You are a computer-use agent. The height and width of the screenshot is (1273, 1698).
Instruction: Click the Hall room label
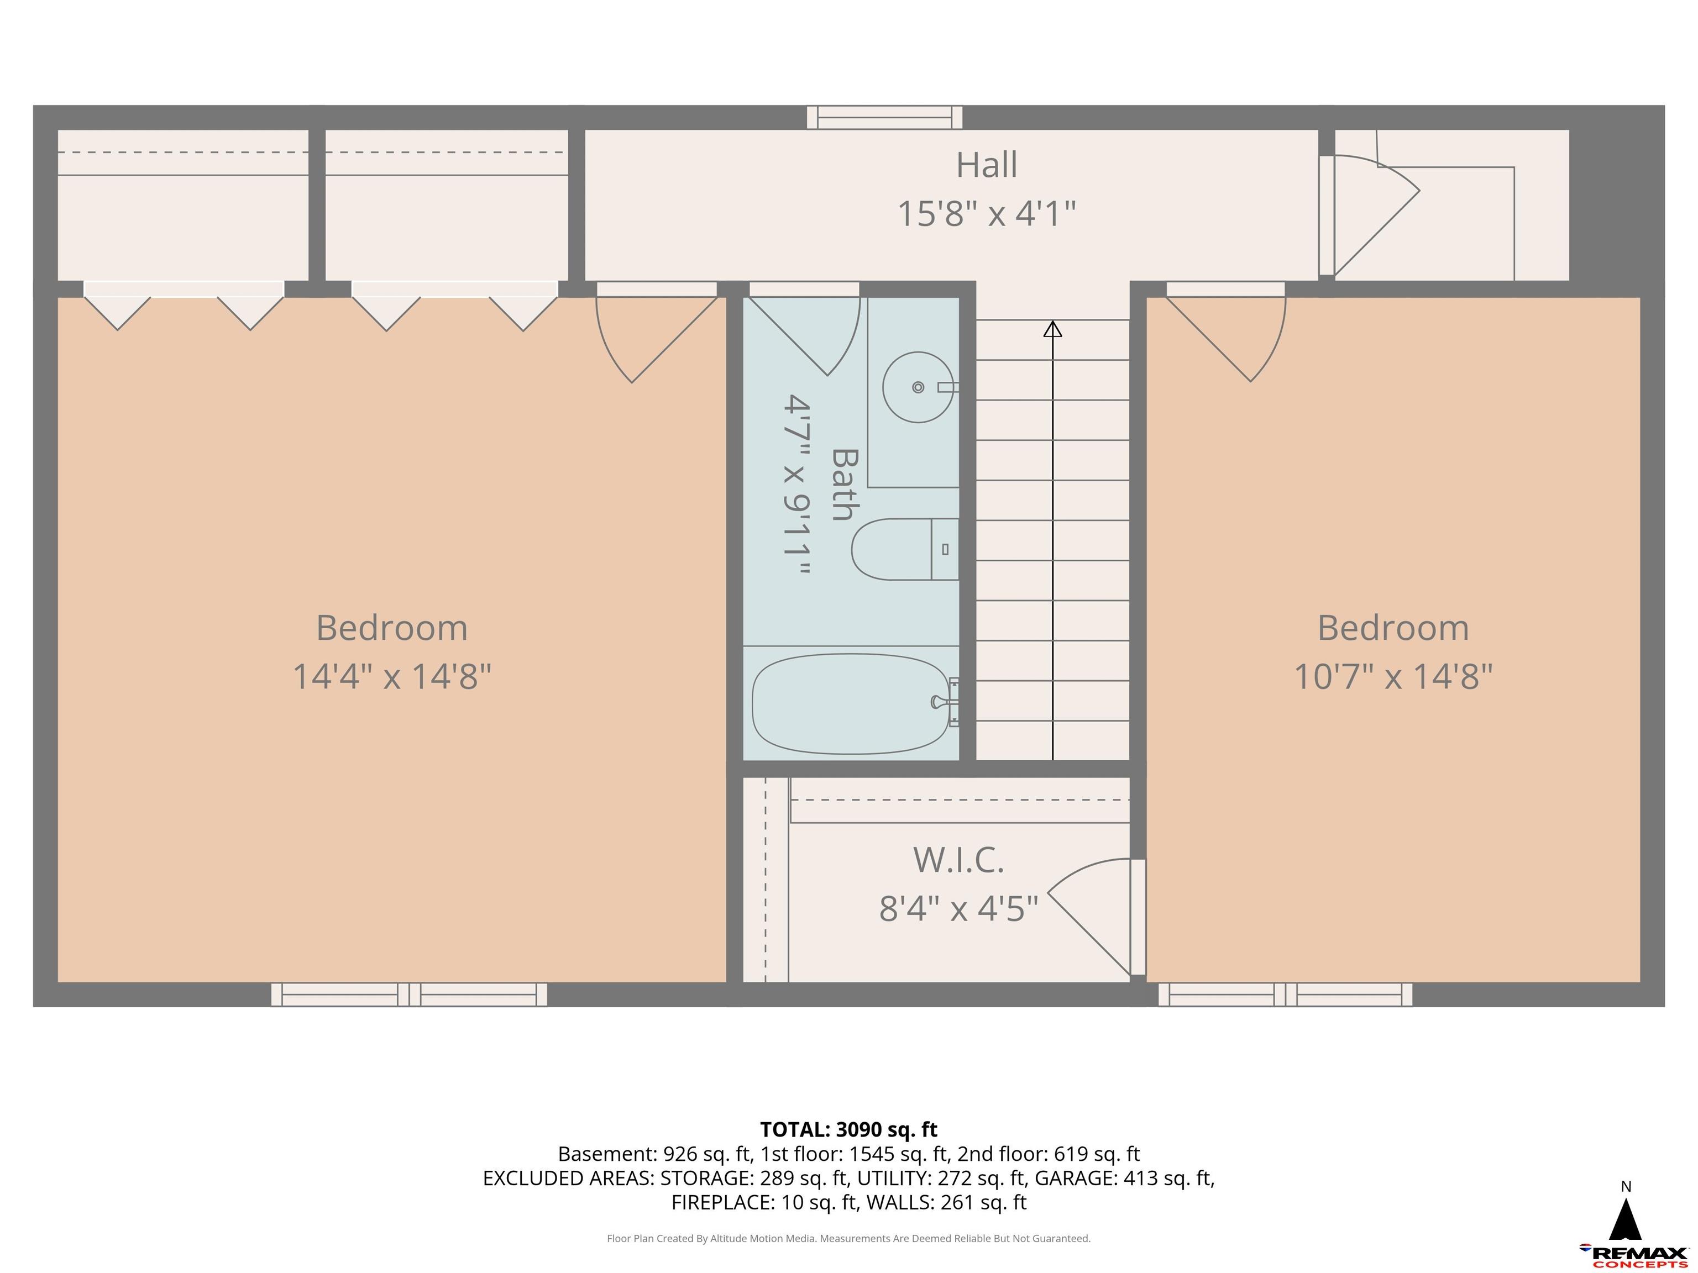point(987,165)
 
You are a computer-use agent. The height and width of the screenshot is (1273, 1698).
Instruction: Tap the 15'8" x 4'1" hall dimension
point(987,213)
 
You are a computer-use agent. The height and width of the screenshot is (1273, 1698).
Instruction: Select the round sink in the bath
point(918,387)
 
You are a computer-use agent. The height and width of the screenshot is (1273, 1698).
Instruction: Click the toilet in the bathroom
point(902,549)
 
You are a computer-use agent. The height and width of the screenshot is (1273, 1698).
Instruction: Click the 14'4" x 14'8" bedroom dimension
point(391,677)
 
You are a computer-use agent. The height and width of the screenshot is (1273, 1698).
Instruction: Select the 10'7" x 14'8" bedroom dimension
point(1392,677)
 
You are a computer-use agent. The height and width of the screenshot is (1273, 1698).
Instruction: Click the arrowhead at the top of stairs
point(1052,329)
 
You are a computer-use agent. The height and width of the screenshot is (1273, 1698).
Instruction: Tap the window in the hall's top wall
point(884,117)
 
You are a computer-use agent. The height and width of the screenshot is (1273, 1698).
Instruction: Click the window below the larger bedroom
point(409,995)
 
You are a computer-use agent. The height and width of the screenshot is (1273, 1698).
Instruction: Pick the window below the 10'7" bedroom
point(1285,995)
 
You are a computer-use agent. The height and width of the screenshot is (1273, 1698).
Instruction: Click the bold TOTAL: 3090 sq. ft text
point(848,1129)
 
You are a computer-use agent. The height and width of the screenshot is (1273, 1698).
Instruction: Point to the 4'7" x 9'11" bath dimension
point(797,485)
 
